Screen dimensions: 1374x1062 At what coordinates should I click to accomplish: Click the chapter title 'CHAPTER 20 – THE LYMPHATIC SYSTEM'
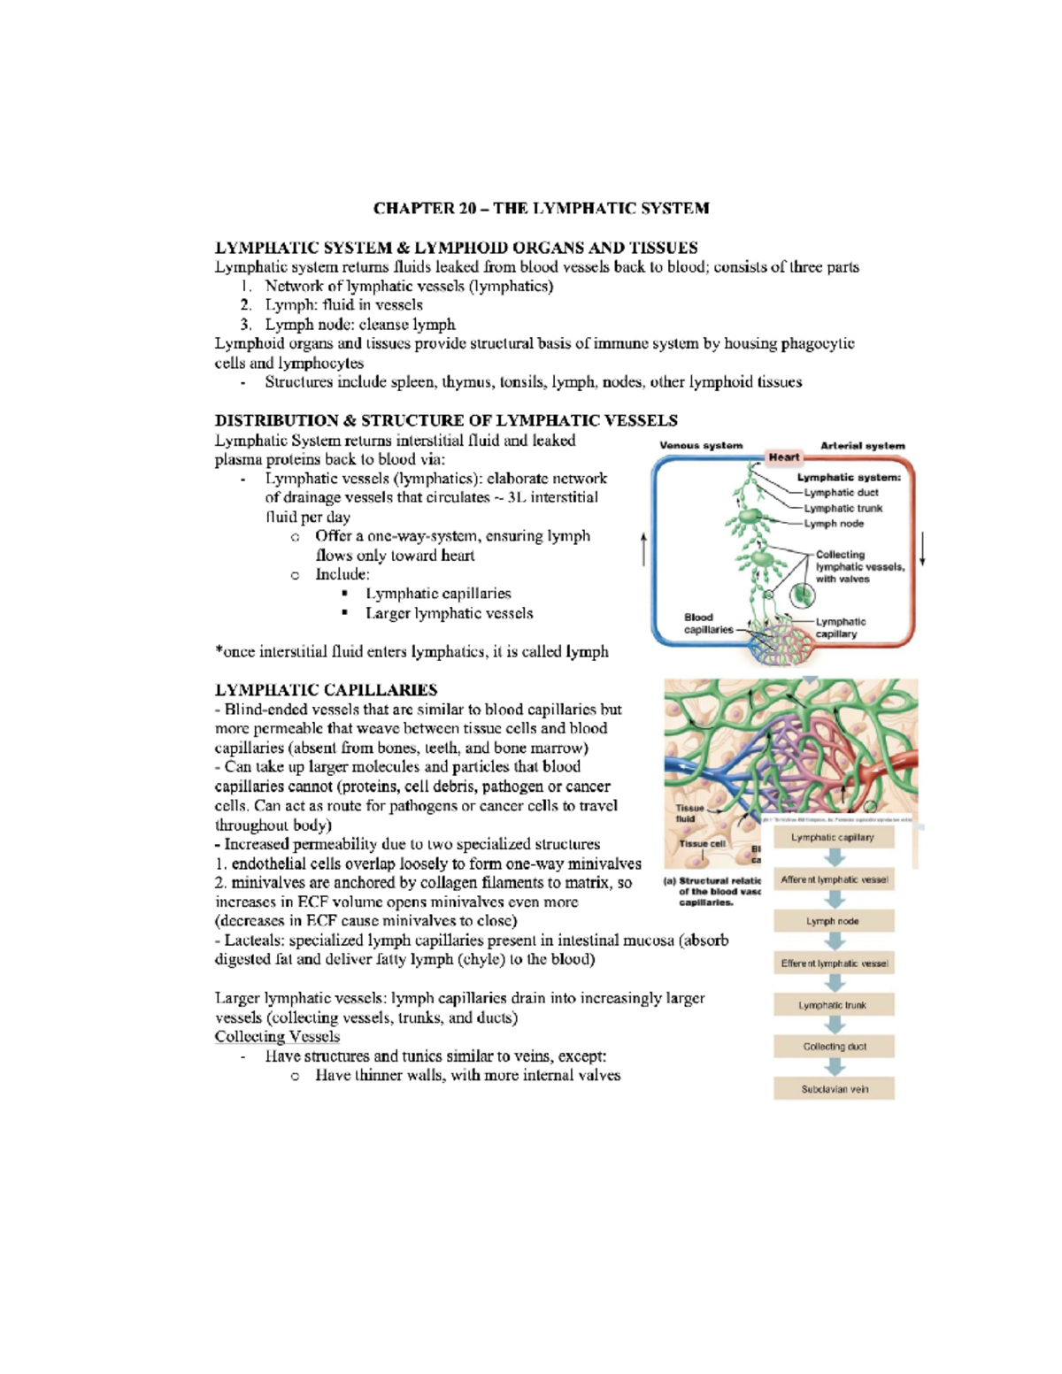[x=541, y=209]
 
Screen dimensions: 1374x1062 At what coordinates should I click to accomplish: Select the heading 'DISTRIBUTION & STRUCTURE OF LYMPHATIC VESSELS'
[x=446, y=420]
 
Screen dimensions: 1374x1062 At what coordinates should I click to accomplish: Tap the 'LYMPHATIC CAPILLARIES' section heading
[x=326, y=690]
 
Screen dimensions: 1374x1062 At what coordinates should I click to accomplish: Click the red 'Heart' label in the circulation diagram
[x=783, y=457]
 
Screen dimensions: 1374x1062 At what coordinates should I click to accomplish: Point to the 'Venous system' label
[x=701, y=445]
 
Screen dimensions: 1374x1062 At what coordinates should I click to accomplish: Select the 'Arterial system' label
[x=862, y=445]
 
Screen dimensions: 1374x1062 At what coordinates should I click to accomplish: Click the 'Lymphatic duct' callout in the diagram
[x=841, y=493]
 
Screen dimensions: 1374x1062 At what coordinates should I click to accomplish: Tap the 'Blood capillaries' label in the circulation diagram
[x=708, y=624]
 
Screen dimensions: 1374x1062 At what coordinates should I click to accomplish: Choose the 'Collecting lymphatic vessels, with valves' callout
[x=859, y=567]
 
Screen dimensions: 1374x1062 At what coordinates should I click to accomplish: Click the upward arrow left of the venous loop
[x=643, y=549]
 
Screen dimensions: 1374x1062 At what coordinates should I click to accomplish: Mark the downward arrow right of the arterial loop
[x=922, y=549]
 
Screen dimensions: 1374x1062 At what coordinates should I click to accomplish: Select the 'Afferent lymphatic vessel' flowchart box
[x=834, y=879]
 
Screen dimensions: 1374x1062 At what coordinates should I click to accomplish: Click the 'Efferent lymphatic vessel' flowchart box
[x=834, y=963]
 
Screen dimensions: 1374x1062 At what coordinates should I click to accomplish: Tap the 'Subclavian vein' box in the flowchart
[x=834, y=1089]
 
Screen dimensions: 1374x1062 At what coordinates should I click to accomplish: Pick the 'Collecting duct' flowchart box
[x=834, y=1047]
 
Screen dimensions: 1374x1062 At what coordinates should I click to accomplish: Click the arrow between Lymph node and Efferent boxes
[x=834, y=942]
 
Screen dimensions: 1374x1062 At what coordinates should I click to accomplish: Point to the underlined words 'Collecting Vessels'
[x=277, y=1037]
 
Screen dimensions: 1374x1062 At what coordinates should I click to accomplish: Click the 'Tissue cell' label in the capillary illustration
[x=702, y=844]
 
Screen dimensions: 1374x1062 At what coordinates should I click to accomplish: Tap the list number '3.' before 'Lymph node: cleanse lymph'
[x=246, y=325]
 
